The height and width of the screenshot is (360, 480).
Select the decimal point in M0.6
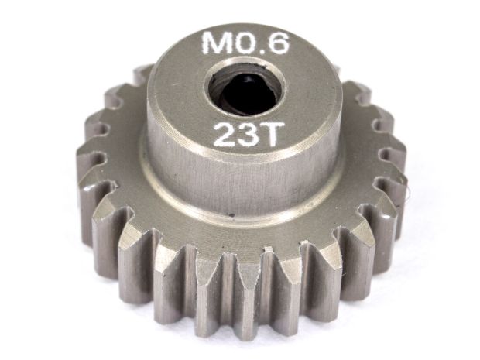point(262,51)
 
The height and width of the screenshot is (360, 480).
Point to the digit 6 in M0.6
point(278,43)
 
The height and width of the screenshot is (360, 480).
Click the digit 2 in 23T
point(225,135)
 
